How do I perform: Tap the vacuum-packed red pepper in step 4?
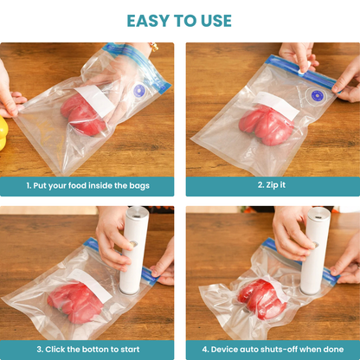pos(260,296)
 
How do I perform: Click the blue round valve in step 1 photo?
pos(138,90)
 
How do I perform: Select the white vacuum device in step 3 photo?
pos(133,251)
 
